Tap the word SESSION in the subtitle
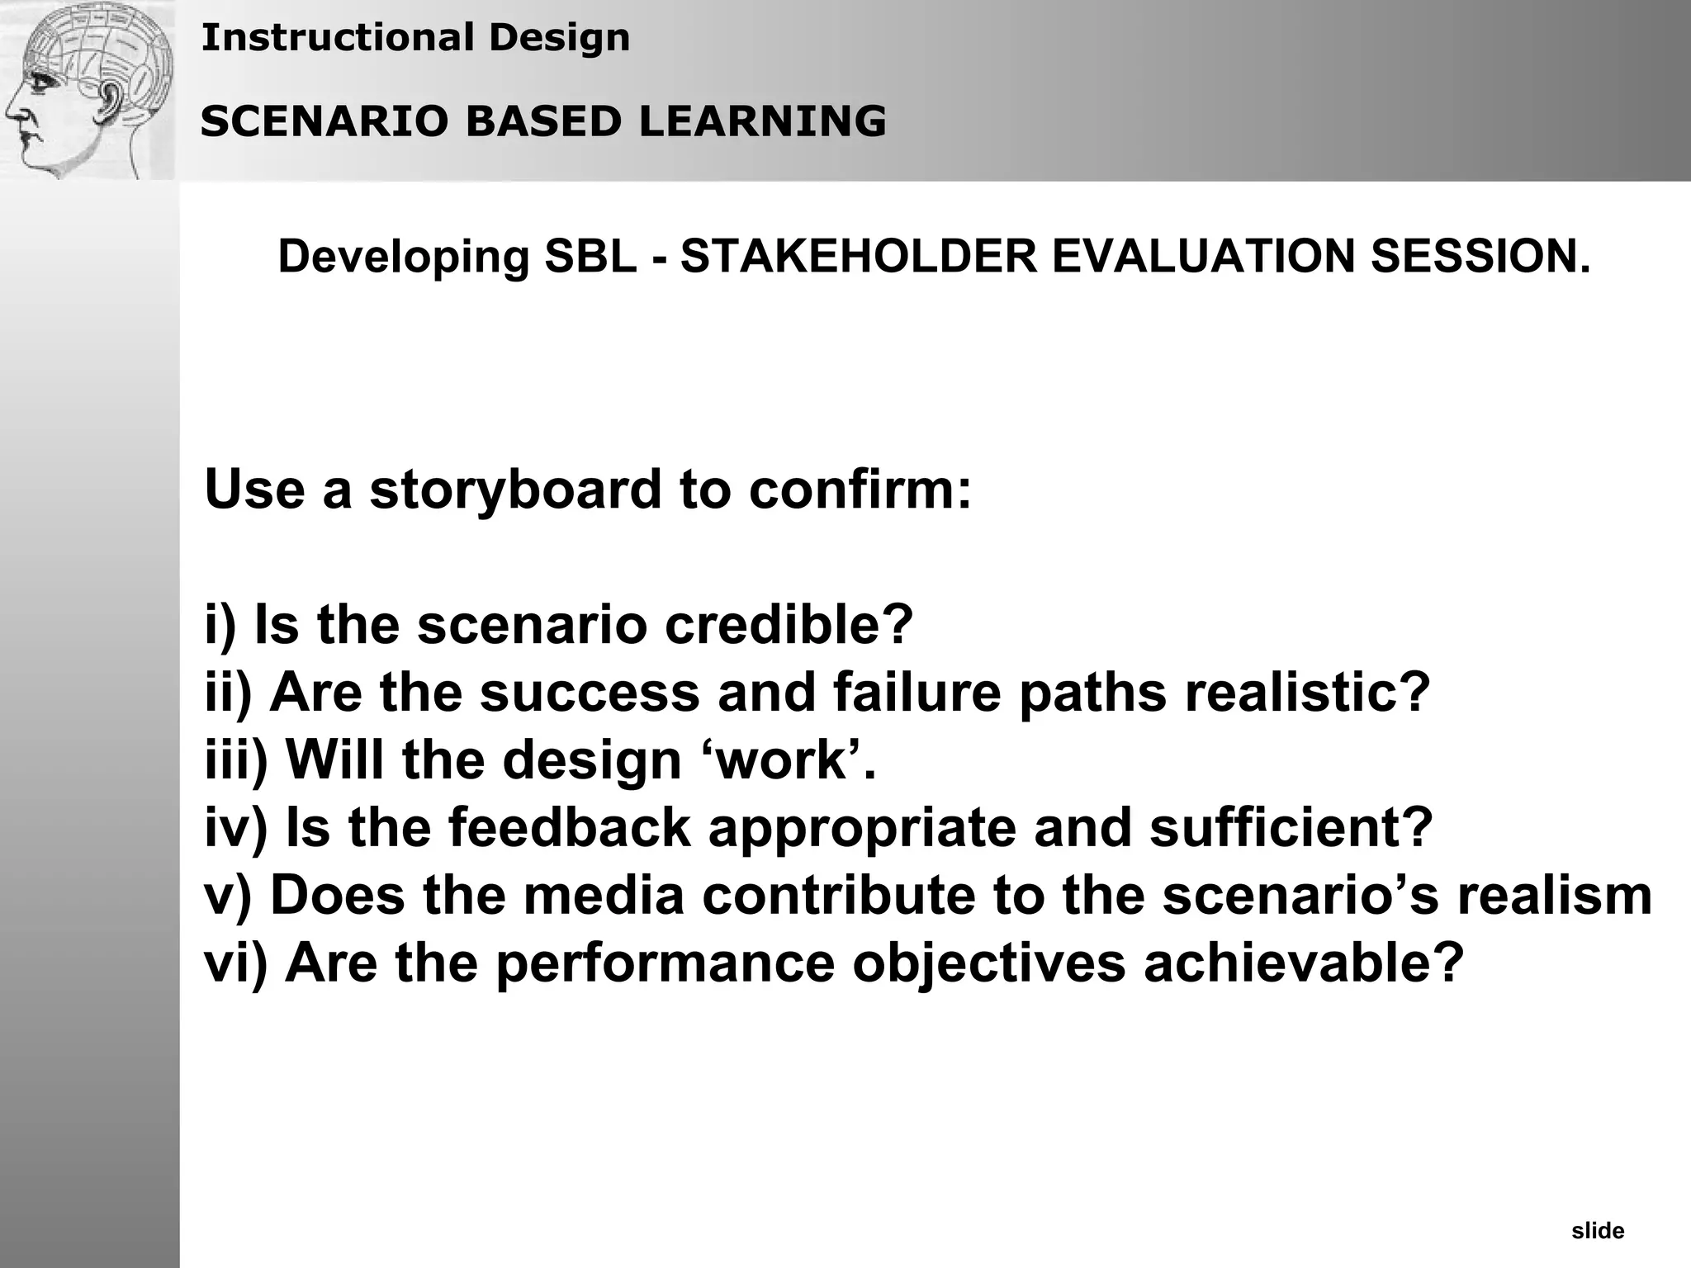click(x=1480, y=256)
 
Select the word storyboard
click(x=516, y=489)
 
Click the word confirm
click(x=860, y=489)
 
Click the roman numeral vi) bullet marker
click(x=236, y=963)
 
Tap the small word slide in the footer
click(x=1598, y=1232)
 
